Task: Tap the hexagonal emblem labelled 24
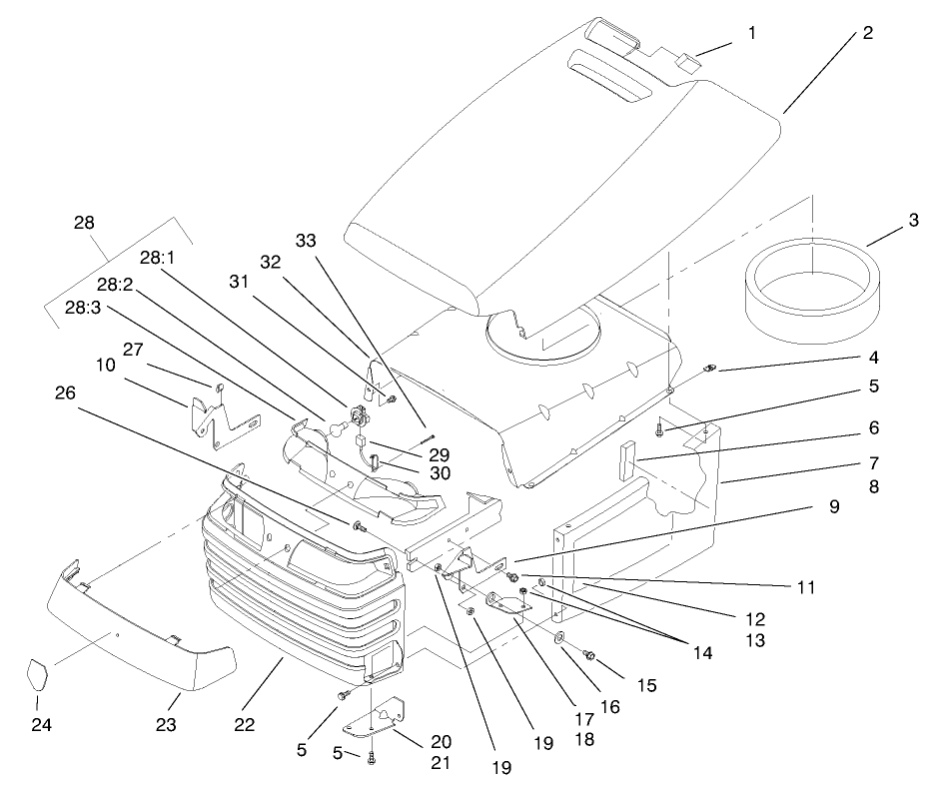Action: coord(40,674)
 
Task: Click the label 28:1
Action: coord(158,257)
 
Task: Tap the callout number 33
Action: coord(306,241)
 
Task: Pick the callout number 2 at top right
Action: coord(867,32)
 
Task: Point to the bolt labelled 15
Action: coord(589,655)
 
